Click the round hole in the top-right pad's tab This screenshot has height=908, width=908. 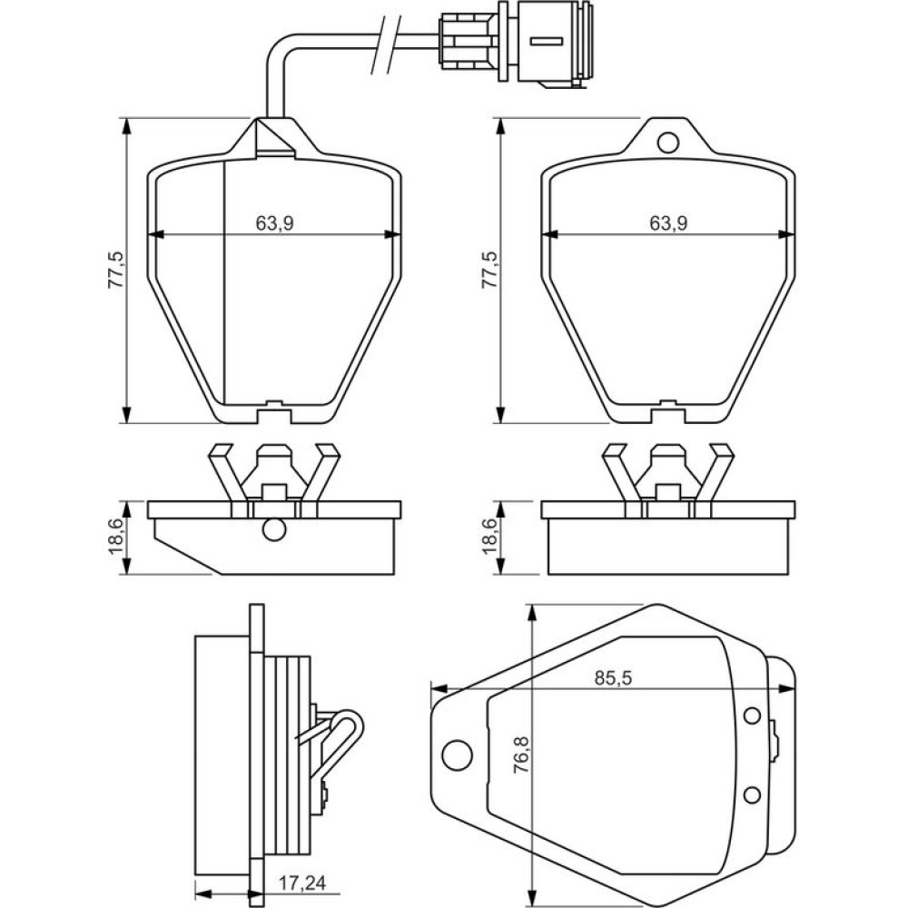(x=667, y=142)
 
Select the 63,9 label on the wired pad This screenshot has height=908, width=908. (x=274, y=223)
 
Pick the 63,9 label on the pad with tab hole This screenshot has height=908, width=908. (x=667, y=223)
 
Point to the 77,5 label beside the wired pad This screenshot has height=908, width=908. (x=114, y=269)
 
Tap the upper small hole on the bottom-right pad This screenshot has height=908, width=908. (x=752, y=716)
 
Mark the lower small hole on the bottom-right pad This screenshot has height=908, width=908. (x=752, y=794)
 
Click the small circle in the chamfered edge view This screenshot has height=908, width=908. (x=272, y=529)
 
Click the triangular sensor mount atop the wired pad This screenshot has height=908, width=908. (x=272, y=138)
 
